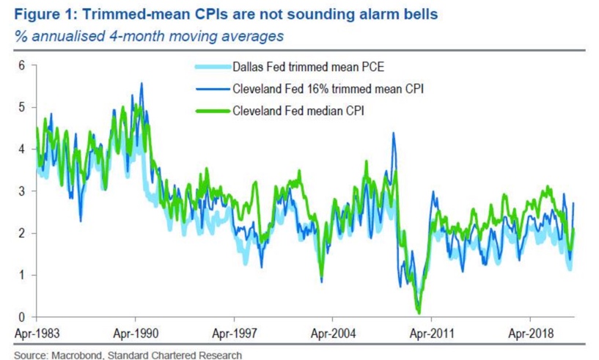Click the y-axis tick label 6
click(x=21, y=65)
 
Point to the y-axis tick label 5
click(x=21, y=107)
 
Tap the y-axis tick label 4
click(x=21, y=149)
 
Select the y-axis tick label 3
click(x=21, y=191)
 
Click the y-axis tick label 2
click(x=21, y=233)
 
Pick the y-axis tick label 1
click(x=21, y=275)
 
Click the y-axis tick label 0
click(x=21, y=317)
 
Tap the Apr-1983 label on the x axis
click(x=36, y=332)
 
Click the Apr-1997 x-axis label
click(x=234, y=332)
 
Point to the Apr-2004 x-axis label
click(x=332, y=332)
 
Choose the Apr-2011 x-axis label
click(x=431, y=332)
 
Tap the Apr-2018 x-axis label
click(x=530, y=332)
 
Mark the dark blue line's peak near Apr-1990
click(x=141, y=84)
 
